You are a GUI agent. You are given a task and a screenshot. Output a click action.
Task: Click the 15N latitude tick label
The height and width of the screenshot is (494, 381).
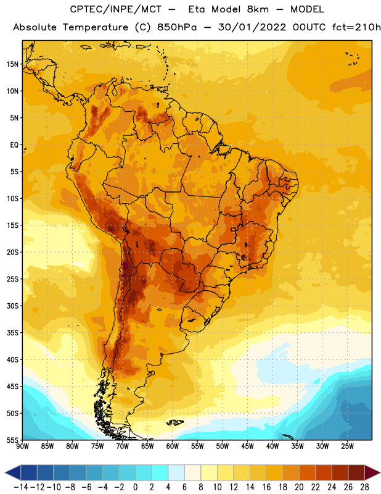(13, 64)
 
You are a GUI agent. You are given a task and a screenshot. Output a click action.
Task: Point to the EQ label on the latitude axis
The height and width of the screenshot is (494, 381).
(14, 145)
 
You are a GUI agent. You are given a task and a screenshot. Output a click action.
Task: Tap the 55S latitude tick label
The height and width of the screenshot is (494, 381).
(13, 440)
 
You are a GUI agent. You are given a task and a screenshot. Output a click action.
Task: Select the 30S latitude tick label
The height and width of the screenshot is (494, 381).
(13, 306)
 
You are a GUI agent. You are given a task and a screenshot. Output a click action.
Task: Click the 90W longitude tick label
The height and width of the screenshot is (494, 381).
(22, 446)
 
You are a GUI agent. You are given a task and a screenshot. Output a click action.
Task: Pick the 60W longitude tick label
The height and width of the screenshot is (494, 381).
(173, 446)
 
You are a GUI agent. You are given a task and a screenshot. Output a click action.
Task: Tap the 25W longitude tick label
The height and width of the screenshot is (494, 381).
(347, 446)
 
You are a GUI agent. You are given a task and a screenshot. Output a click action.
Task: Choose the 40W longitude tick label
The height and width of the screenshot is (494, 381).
(272, 446)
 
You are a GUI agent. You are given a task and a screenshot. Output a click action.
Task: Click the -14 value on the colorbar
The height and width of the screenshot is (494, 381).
(21, 487)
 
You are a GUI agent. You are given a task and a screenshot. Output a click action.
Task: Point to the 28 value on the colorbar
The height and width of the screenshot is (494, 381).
(364, 487)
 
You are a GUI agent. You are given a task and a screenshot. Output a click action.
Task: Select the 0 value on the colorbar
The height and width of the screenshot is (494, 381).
(136, 487)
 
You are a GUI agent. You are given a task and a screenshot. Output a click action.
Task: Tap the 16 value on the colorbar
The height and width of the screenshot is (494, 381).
(266, 487)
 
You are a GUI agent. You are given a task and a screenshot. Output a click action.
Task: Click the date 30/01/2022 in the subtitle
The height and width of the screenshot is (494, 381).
(252, 27)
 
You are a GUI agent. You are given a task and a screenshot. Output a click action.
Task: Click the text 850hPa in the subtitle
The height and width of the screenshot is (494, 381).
(177, 27)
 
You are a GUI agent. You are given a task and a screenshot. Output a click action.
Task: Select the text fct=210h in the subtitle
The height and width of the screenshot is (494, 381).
(356, 27)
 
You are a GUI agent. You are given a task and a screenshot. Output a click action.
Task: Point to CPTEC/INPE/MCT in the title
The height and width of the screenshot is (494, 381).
(116, 9)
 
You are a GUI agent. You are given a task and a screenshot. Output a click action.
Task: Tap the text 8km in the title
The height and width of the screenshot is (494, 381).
(258, 9)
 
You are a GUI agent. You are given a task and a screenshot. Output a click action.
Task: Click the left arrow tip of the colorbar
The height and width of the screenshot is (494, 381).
(5, 473)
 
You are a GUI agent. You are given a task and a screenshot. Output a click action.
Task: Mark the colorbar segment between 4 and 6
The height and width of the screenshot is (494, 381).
(176, 473)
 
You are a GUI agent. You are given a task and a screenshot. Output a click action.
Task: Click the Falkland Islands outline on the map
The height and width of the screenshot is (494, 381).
(175, 422)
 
